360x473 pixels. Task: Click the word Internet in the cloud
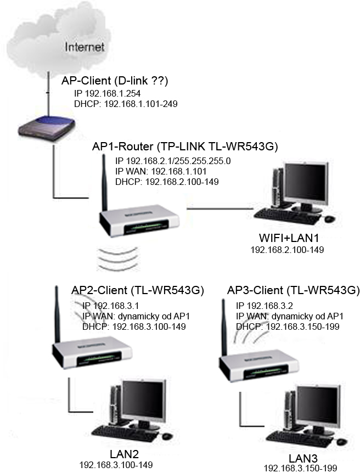pos(85,47)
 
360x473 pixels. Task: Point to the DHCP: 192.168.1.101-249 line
pos(126,103)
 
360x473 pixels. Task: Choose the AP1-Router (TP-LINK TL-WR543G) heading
pos(185,147)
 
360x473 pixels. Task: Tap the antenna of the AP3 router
pos(224,326)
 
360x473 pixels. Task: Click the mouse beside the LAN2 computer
pos(167,436)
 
